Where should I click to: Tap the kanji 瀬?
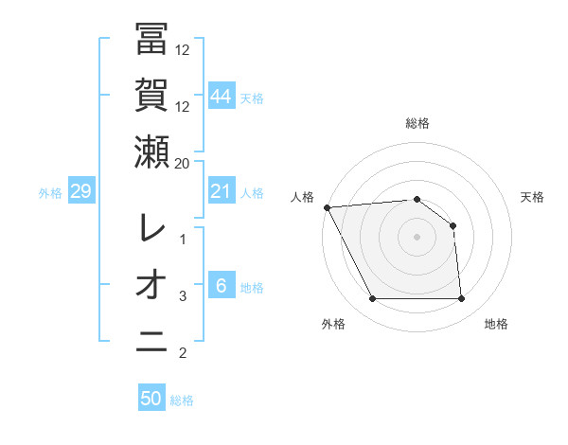pyautogui.click(x=151, y=151)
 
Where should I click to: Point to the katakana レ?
pyautogui.click(x=151, y=227)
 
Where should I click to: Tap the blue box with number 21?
pyautogui.click(x=222, y=192)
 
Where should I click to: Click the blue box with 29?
pyautogui.click(x=80, y=192)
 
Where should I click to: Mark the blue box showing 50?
pyautogui.click(x=151, y=399)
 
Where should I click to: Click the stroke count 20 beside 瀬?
pyautogui.click(x=183, y=163)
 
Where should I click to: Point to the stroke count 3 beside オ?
pyautogui.click(x=184, y=296)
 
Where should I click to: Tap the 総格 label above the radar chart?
pyautogui.click(x=417, y=123)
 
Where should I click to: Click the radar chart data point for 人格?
pyautogui.click(x=327, y=206)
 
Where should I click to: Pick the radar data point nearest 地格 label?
pyautogui.click(x=462, y=299)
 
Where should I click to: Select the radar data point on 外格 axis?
pyautogui.click(x=372, y=299)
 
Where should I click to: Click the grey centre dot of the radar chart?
pyautogui.click(x=417, y=237)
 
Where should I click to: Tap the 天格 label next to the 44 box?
pyautogui.click(x=253, y=98)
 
